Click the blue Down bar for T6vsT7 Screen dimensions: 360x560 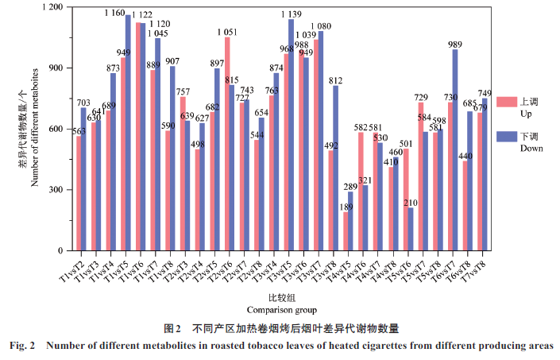click(x=455, y=150)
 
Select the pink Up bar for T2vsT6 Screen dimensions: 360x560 click(x=228, y=144)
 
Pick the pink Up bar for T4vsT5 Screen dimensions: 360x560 click(x=346, y=231)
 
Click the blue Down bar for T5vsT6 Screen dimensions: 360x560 click(x=410, y=230)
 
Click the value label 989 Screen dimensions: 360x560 click(x=454, y=45)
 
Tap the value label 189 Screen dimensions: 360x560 click(x=346, y=207)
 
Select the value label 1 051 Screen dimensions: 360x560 click(x=227, y=32)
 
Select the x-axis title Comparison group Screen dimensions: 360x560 click(x=281, y=310)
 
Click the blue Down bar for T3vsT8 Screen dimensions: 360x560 click(x=334, y=168)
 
